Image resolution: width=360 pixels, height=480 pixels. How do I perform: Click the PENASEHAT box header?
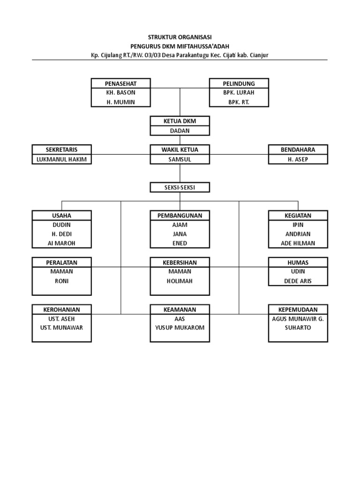(120, 83)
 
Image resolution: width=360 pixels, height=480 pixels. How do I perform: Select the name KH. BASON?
(120, 93)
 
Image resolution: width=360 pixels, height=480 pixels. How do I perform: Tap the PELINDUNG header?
(239, 83)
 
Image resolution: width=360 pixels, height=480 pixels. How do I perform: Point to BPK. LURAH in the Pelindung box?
(239, 93)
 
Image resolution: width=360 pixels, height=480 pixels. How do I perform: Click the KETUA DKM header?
(180, 121)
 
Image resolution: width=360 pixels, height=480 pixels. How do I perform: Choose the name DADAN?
(180, 131)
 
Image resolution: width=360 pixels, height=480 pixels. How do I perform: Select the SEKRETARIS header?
(61, 150)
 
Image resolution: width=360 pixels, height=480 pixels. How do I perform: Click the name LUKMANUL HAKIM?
(61, 159)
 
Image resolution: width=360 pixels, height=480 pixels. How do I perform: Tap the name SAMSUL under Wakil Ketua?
(180, 159)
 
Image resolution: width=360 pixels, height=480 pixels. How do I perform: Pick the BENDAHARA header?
(298, 150)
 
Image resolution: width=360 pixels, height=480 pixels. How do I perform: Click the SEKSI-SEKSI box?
(180, 187)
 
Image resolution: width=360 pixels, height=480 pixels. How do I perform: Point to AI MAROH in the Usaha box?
(61, 243)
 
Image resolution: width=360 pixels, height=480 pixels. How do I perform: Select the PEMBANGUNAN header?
(180, 216)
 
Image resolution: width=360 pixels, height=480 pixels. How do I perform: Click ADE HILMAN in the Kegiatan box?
(298, 243)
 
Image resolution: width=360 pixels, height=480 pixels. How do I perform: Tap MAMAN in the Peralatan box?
(61, 271)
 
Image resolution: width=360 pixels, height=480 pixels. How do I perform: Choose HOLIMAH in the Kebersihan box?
(180, 281)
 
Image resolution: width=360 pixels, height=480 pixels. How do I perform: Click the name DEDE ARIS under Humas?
(298, 281)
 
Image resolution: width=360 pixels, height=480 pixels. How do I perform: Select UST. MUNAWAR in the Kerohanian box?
(61, 328)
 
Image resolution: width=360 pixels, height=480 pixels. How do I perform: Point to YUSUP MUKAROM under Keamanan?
(180, 328)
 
